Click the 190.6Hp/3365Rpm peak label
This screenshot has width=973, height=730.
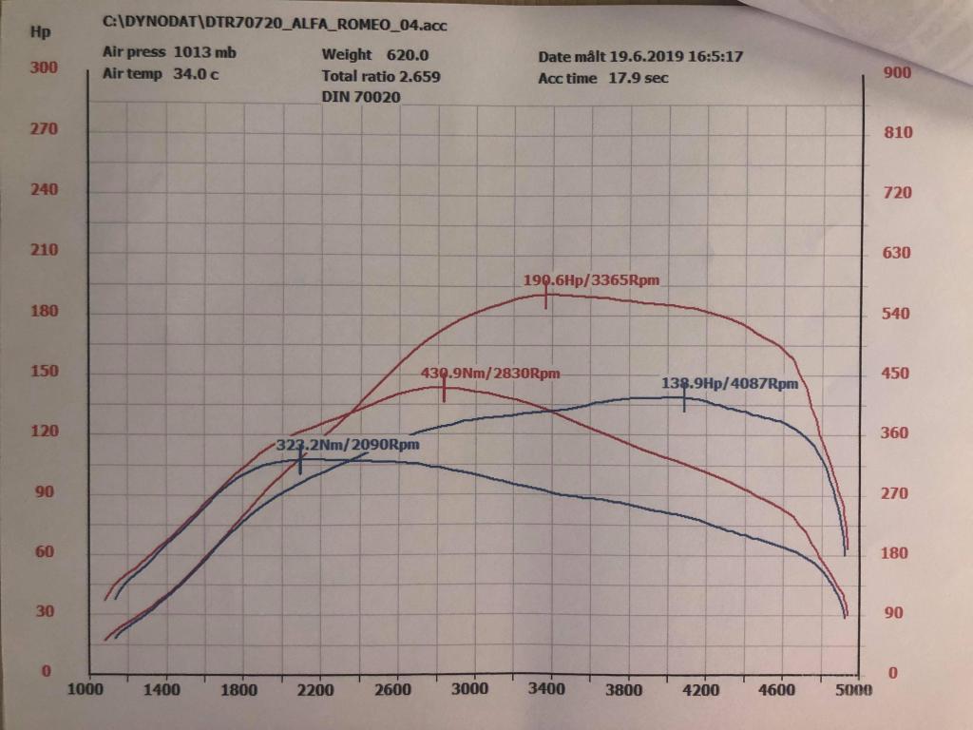[x=590, y=280]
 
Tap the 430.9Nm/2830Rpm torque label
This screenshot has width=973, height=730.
[x=490, y=374]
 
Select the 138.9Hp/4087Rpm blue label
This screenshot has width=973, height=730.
[x=730, y=384]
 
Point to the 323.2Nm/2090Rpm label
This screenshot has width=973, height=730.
[x=348, y=444]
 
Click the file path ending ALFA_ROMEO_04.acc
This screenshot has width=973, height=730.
[x=275, y=25]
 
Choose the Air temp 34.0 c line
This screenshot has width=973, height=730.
[x=161, y=74]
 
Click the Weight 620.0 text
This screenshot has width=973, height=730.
[x=375, y=55]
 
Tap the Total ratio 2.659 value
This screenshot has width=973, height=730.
[x=381, y=76]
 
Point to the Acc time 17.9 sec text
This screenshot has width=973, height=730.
[x=603, y=78]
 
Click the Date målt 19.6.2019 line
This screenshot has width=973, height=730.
[x=640, y=57]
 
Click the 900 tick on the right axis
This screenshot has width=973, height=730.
[x=898, y=72]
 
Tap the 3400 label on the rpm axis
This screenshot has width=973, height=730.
[x=548, y=690]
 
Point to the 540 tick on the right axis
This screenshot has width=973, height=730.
[x=898, y=314]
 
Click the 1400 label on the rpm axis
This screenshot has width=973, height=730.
[x=164, y=690]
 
